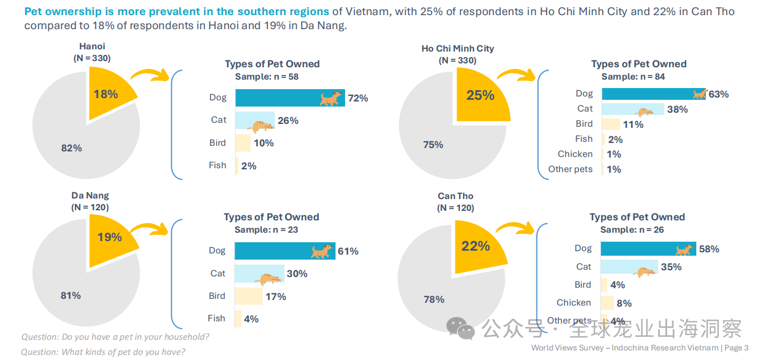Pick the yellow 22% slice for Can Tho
477,247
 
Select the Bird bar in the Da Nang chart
248,296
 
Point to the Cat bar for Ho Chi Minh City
632,109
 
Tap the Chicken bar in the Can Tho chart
607,303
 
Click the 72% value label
358,98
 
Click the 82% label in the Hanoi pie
71,148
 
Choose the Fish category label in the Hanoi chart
217,165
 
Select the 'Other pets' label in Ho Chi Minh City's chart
570,169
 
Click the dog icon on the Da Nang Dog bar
323,251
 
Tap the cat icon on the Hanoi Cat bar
259,125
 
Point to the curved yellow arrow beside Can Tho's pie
515,227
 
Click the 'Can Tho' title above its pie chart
455,196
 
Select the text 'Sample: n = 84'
633,77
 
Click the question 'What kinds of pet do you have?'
103,352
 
